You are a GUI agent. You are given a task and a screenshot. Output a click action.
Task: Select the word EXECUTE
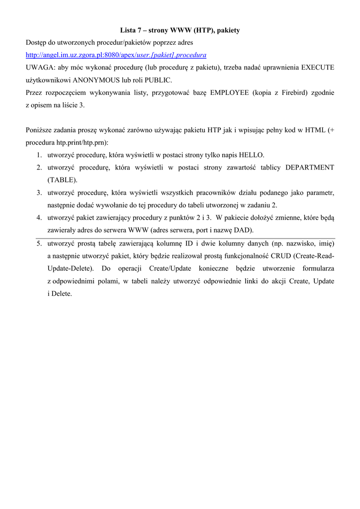point(318,67)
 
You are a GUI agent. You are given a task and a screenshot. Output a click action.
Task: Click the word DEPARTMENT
point(310,168)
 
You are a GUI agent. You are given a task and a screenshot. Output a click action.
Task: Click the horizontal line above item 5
point(185,238)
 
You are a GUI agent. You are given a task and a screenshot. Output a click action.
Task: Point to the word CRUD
point(278,256)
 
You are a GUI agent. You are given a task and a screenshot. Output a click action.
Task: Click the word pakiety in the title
point(228,30)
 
